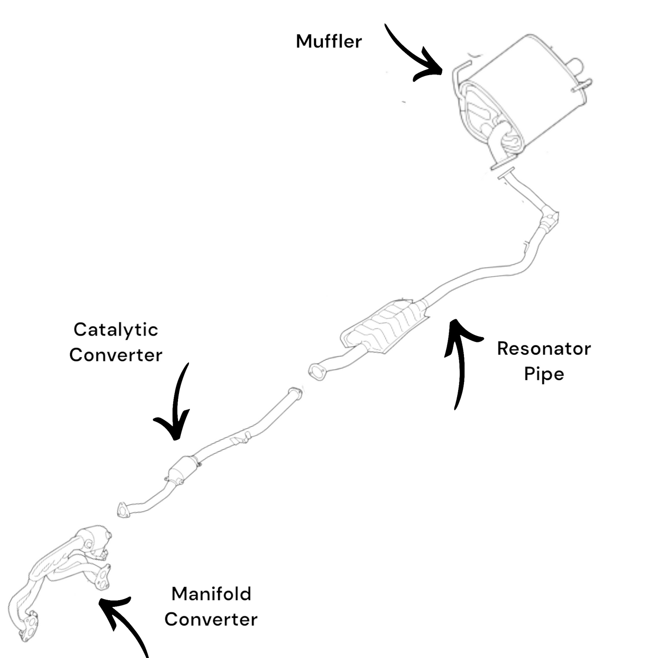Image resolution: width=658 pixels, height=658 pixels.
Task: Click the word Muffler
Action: [x=328, y=41]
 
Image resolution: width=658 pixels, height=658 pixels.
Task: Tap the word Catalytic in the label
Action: [x=116, y=330]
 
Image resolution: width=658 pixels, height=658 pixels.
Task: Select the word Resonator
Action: [x=544, y=349]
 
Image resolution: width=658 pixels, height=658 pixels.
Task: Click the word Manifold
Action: [x=211, y=594]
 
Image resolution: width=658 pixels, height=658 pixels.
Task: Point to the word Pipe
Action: [x=544, y=374]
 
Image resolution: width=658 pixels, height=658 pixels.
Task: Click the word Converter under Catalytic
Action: [x=116, y=355]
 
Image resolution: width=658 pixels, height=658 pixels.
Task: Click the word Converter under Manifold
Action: [x=211, y=620]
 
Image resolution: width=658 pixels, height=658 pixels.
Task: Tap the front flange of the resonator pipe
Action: [x=317, y=372]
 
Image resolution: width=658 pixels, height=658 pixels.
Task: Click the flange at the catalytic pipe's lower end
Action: [x=122, y=510]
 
